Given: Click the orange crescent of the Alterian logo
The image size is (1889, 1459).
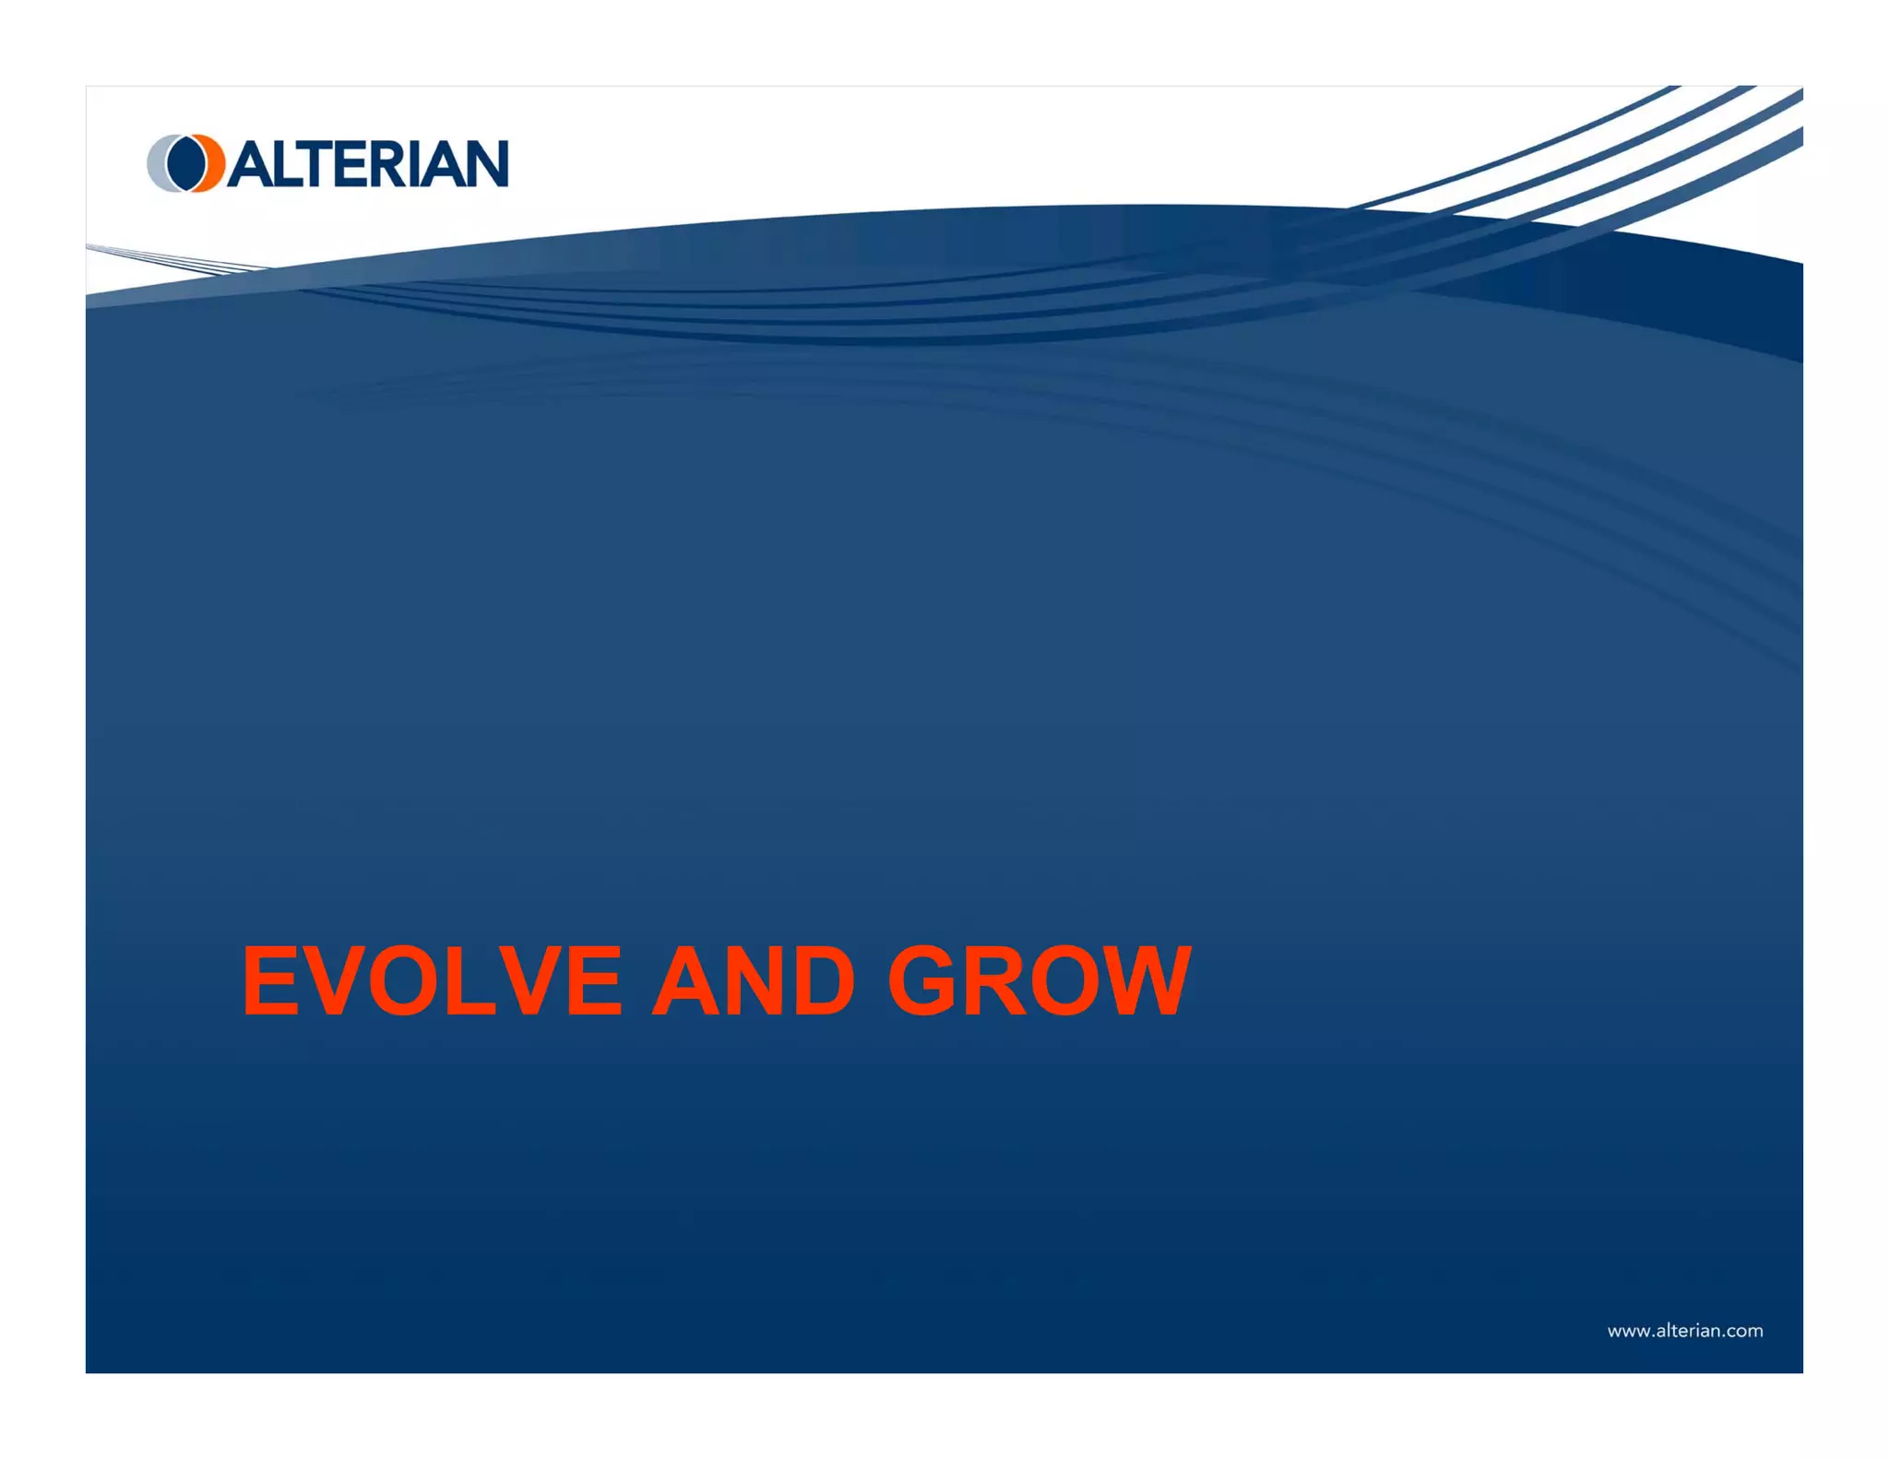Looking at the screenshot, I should coord(215,163).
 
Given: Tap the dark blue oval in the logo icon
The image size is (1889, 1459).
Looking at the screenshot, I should coord(187,163).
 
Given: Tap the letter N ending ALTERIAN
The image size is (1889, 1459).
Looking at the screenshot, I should coord(485,164).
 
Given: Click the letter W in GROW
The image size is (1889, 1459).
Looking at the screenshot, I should coord(1144,982).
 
